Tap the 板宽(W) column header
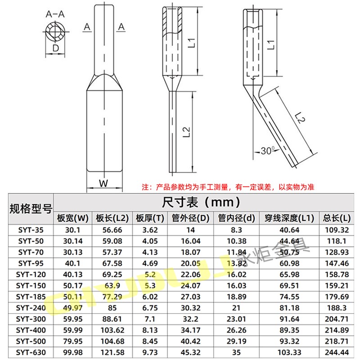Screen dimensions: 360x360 pyautogui.click(x=73, y=218)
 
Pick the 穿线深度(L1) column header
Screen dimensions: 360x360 pyautogui.click(x=288, y=218)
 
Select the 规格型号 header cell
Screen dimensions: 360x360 pyautogui.click(x=31, y=208)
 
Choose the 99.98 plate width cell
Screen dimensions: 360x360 pyautogui.click(x=73, y=351)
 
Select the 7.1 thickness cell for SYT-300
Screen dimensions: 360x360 pyautogui.click(x=149, y=318)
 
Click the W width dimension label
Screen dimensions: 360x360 pyautogui.click(x=104, y=183)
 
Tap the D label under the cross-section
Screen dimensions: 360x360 pyautogui.click(x=55, y=48)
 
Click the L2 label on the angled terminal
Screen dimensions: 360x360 pyautogui.click(x=300, y=118)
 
